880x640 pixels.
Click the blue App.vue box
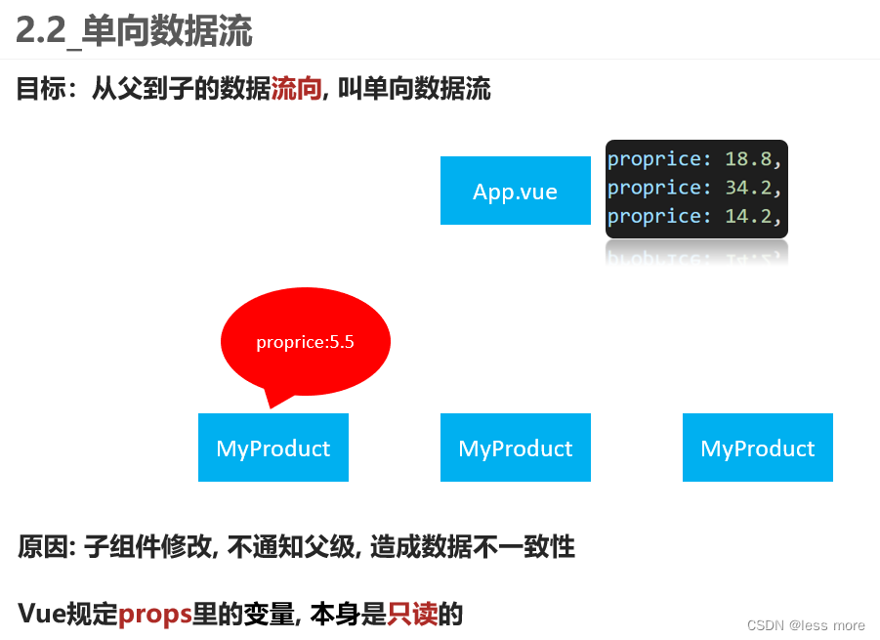tap(516, 191)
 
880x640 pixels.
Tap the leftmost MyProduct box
tap(273, 448)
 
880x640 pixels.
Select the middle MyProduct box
tap(516, 448)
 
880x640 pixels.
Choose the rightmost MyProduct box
tap(758, 448)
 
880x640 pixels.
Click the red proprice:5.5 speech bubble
tap(306, 341)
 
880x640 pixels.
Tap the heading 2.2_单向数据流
tap(134, 31)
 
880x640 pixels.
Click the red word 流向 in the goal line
tap(296, 90)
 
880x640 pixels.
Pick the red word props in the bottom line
tap(155, 614)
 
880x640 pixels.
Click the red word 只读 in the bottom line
tap(412, 614)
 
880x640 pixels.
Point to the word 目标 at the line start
tap(40, 90)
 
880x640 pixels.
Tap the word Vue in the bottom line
tap(42, 614)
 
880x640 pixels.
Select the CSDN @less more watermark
tap(806, 625)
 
